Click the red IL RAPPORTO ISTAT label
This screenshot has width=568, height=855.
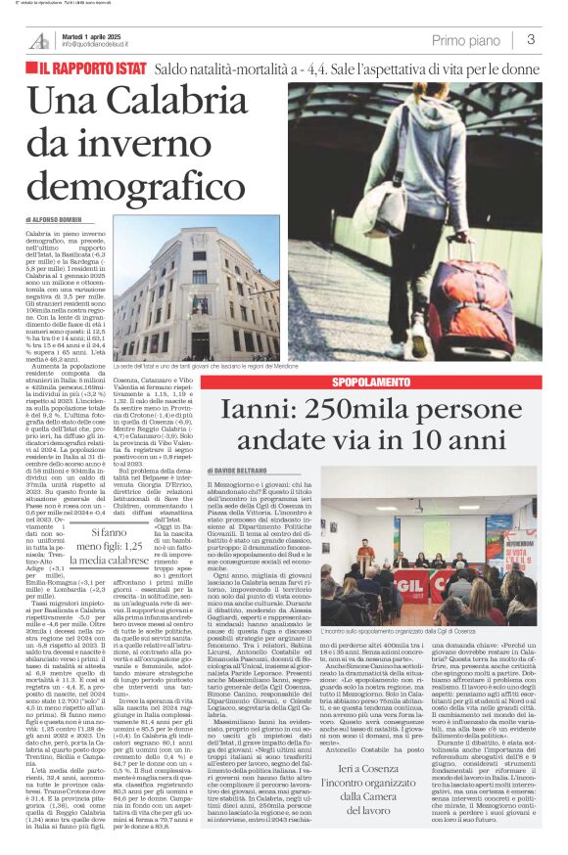pos(94,69)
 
